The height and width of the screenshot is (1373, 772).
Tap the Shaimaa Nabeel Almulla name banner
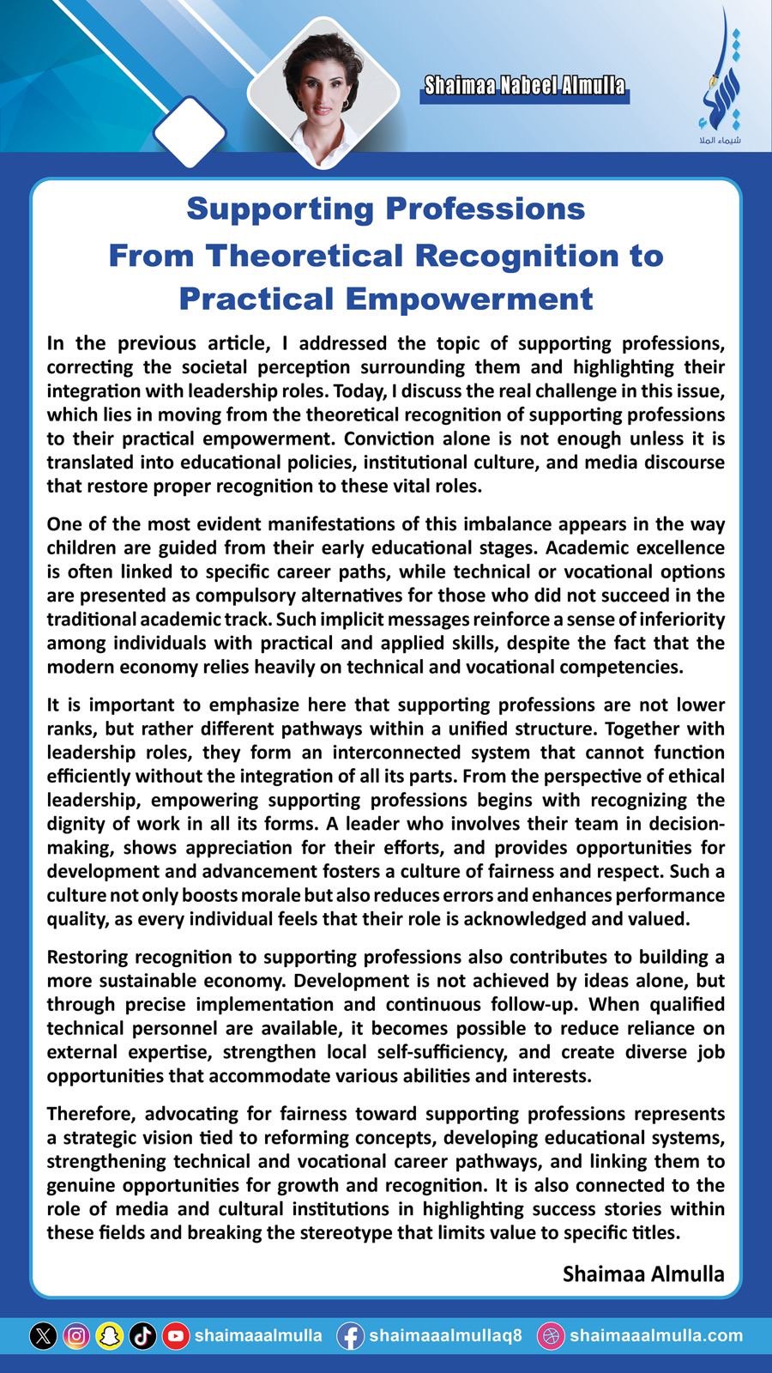pos(524,86)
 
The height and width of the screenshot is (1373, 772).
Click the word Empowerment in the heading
pos(471,299)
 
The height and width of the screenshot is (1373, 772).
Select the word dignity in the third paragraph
pos(79,824)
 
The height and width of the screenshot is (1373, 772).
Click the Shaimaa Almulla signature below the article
pos(643,1274)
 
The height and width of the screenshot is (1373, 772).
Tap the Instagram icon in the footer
pos(76,1336)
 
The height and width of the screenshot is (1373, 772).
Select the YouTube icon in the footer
pos(176,1336)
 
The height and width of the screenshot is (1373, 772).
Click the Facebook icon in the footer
pos(350,1336)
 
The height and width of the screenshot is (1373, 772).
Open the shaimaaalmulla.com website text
pos(655,1336)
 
